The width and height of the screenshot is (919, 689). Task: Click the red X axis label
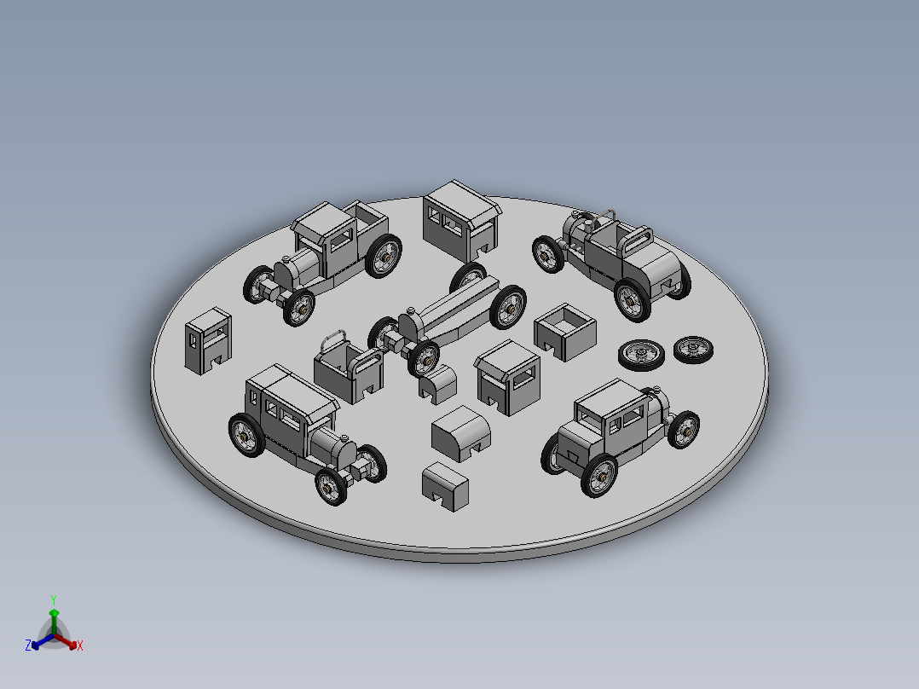tap(80, 646)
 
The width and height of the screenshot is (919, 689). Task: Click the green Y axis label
tap(53, 599)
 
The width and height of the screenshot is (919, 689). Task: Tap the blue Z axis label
tap(28, 646)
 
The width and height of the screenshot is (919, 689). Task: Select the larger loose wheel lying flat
tap(641, 354)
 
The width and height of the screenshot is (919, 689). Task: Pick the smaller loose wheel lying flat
tap(693, 348)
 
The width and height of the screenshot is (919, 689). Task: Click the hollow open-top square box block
tap(564, 331)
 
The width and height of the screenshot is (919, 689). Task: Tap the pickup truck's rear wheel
tap(384, 255)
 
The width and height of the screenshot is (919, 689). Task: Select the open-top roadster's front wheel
tap(548, 253)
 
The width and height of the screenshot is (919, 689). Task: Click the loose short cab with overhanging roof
tap(508, 378)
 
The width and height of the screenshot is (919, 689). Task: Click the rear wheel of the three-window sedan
tap(246, 434)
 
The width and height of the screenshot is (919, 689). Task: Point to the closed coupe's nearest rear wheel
tap(599, 475)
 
